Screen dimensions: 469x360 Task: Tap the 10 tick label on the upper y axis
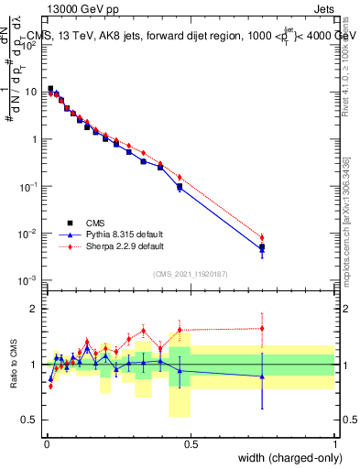[x=31, y=92]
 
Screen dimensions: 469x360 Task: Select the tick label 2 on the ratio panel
[x=35, y=309]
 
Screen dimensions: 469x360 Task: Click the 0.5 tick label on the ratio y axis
[x=30, y=420]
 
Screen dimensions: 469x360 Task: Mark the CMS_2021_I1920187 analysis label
[x=191, y=273]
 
